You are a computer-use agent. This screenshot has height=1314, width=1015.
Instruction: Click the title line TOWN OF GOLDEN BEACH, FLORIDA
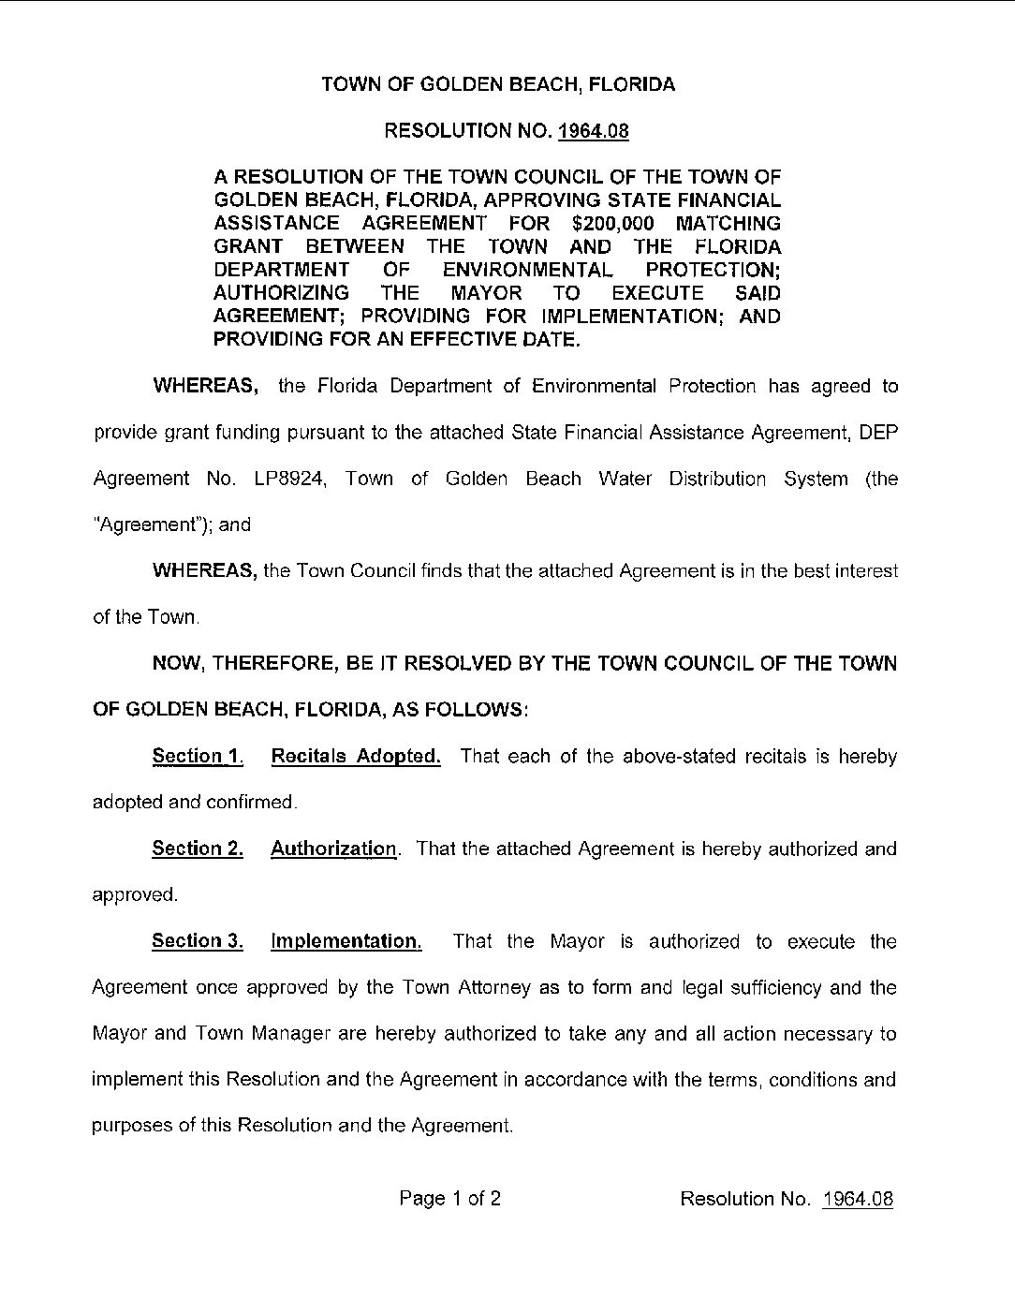click(x=498, y=85)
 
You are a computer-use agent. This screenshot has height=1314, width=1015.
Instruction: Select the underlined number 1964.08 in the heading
click(x=594, y=131)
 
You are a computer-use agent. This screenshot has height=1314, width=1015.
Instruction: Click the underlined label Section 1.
click(x=198, y=757)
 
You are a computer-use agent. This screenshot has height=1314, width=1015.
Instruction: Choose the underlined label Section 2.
click(x=198, y=849)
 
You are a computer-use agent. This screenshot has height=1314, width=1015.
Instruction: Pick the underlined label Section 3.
click(x=198, y=942)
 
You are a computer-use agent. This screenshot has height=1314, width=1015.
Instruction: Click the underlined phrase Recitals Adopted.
click(x=356, y=757)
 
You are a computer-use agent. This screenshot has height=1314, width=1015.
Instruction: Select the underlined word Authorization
click(x=333, y=849)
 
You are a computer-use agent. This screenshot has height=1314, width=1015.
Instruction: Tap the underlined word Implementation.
click(x=346, y=942)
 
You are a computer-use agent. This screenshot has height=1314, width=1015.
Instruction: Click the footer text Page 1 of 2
click(x=449, y=1199)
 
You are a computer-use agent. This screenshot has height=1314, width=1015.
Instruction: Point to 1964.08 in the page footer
click(x=857, y=1200)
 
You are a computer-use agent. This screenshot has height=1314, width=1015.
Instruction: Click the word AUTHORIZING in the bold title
click(x=282, y=293)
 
